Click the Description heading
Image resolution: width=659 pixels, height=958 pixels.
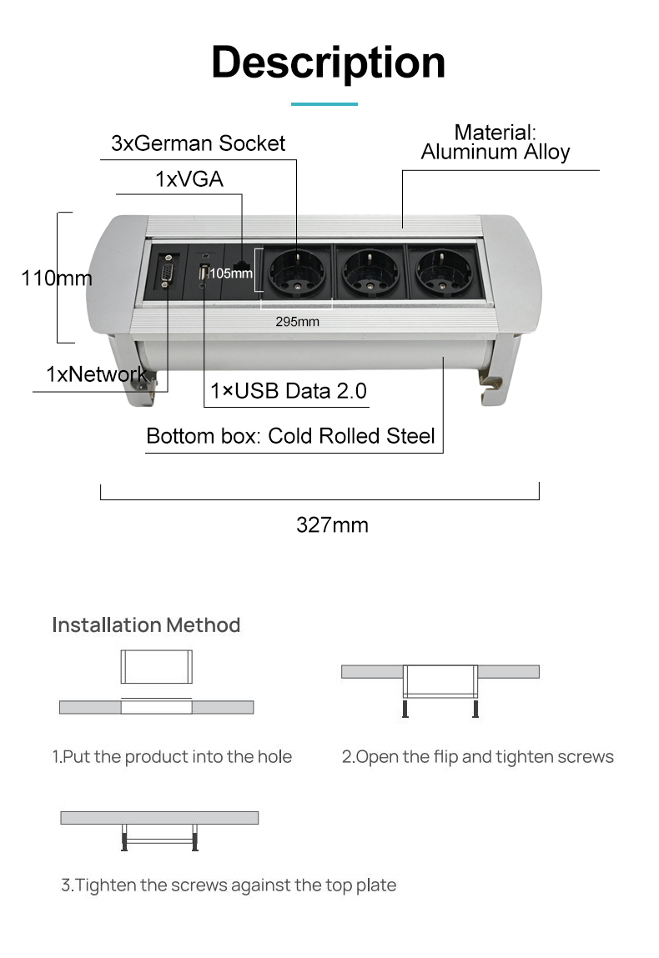[x=329, y=63]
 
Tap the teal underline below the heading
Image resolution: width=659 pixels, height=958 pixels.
[x=324, y=104]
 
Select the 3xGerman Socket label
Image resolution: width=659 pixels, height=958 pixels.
[x=198, y=143]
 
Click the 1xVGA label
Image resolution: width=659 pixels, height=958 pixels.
[x=189, y=179]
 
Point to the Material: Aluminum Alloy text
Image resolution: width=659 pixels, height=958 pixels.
[x=496, y=142]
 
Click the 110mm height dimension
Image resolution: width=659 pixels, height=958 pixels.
[x=56, y=278]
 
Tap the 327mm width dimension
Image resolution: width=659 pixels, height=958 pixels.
[x=332, y=524]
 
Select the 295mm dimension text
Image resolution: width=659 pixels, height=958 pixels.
[x=297, y=321]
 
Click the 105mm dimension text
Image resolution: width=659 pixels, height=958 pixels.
[x=231, y=273]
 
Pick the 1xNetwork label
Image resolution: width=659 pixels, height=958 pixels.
[x=97, y=374]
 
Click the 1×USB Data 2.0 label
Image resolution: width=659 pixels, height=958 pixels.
[x=289, y=390]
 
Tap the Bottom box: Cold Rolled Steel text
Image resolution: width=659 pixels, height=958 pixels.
[x=290, y=435]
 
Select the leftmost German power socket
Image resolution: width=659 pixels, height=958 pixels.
[x=297, y=273]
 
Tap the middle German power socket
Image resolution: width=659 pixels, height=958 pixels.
[x=370, y=273]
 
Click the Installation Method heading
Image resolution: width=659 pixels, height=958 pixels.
[x=146, y=625]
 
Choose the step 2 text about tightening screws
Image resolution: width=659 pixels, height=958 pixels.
[x=477, y=756]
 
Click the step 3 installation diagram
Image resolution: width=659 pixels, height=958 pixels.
[x=159, y=830]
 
